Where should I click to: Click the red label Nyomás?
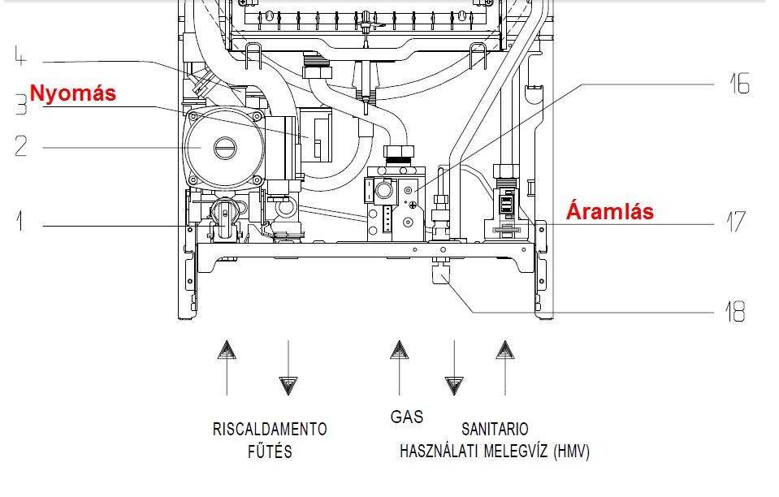(x=73, y=93)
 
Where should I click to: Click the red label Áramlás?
(x=610, y=212)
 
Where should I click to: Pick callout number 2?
(x=20, y=147)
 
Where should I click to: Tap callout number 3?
(x=20, y=108)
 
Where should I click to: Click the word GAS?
(x=407, y=417)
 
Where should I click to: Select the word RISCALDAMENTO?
(x=270, y=429)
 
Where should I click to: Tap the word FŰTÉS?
(x=270, y=452)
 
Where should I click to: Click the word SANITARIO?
(x=495, y=429)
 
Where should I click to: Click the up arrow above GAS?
(x=399, y=351)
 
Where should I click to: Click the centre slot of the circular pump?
(x=225, y=148)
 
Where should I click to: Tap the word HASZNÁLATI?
(x=439, y=452)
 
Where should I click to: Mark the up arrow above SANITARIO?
(x=505, y=351)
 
